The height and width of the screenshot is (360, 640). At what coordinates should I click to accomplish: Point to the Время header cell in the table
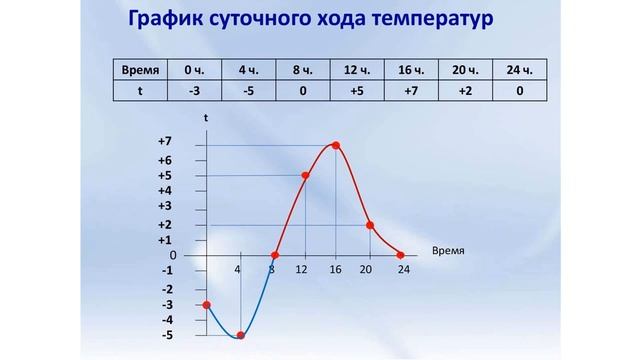point(140,70)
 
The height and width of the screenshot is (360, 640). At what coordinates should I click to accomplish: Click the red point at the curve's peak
point(336,146)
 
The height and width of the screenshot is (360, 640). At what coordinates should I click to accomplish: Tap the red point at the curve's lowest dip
point(240,335)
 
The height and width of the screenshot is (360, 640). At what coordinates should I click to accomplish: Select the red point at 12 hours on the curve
point(305,176)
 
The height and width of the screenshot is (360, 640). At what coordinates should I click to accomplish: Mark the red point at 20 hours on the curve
point(370,225)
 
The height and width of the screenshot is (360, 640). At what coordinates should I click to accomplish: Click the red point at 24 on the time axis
point(401,254)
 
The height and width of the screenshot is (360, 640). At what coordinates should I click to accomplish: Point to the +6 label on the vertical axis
point(165,160)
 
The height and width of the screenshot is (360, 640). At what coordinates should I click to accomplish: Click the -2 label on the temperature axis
point(167,288)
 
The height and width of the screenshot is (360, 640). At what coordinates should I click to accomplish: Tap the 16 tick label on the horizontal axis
point(337,270)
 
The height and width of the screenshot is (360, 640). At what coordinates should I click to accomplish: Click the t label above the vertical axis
point(206,118)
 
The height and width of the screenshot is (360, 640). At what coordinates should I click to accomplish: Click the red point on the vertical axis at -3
point(207,304)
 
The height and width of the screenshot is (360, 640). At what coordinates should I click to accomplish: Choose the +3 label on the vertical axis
point(165,205)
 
